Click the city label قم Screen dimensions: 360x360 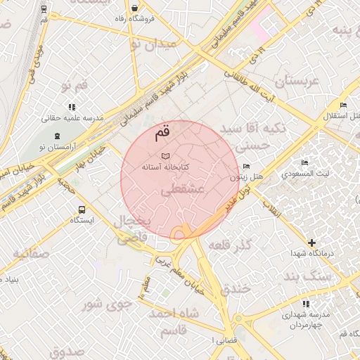point(162,131)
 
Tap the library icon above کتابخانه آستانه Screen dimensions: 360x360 point(165,155)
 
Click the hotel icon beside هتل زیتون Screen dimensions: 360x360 point(245,167)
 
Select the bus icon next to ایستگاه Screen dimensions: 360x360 point(82,209)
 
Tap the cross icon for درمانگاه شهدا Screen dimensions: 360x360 point(311,243)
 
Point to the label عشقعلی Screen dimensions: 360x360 point(182,190)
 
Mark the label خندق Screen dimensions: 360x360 point(236,288)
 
